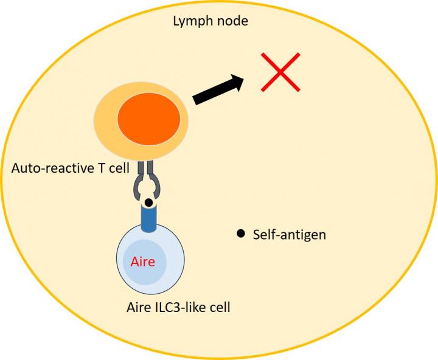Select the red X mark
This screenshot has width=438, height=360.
[x=280, y=72]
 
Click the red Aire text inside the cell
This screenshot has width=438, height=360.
[x=143, y=263]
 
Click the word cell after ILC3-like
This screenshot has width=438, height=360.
[x=217, y=307]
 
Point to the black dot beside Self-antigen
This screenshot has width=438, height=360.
[x=240, y=233]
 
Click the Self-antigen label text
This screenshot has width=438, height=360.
[x=290, y=234]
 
